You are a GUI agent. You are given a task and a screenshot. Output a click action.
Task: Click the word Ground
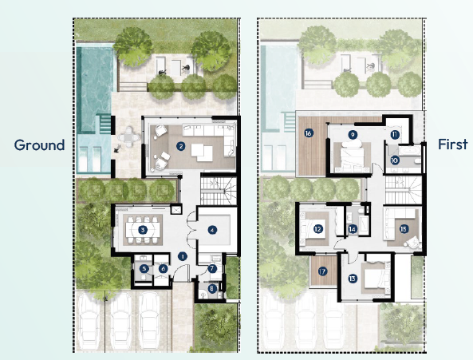coord(39,145)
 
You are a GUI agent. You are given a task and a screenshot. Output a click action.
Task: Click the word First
coord(452,145)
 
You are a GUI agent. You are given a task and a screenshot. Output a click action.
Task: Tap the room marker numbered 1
coord(183,256)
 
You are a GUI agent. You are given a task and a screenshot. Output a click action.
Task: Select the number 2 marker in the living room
coord(181,146)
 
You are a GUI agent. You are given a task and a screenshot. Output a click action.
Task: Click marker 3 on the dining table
coord(142,229)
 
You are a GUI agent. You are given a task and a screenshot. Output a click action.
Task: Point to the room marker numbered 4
coord(212,229)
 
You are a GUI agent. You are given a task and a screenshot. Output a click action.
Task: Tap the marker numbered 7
coord(212,269)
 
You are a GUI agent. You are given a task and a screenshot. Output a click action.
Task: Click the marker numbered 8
coord(212,288)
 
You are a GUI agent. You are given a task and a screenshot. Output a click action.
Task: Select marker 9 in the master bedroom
coord(352,135)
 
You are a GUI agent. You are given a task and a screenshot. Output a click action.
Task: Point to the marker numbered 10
coord(395,160)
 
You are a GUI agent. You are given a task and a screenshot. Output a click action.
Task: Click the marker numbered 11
coord(395,136)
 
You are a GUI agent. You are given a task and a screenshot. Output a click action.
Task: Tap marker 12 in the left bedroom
coord(317,229)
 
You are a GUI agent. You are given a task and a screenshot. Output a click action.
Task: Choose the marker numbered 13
coord(353,279)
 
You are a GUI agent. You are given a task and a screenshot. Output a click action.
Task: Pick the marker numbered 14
coord(352,229)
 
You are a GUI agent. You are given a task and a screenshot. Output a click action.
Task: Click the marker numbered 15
coord(404,229)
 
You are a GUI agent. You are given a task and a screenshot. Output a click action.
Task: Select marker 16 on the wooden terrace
coord(308,133)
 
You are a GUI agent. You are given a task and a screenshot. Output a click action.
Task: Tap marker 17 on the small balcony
coord(322,271)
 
